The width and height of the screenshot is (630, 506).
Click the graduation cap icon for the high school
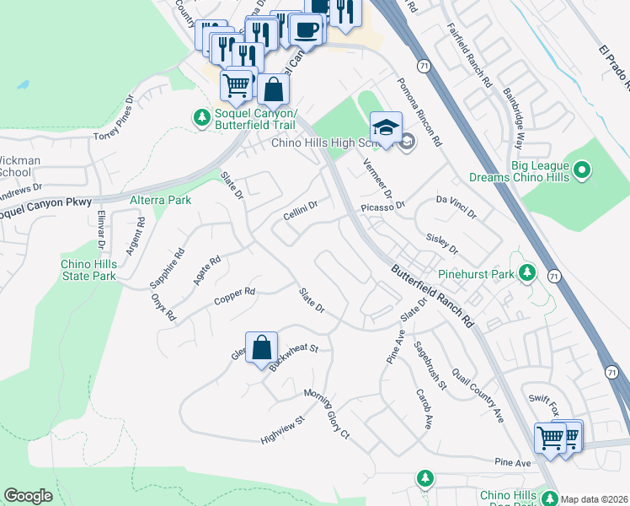point(386,127)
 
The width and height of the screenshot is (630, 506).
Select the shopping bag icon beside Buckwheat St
point(262,347)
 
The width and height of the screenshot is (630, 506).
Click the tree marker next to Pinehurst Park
point(527,273)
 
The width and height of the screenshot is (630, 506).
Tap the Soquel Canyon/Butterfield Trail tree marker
point(201,118)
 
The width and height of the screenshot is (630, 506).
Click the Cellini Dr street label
point(300,206)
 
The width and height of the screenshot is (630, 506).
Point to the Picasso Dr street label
point(382,205)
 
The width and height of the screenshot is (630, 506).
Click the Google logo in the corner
point(28,496)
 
